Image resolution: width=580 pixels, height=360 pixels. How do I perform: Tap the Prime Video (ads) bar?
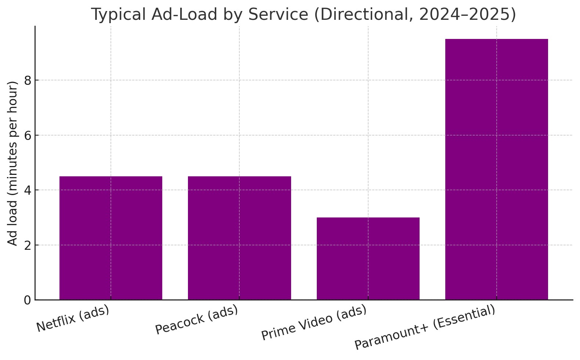coord(368,259)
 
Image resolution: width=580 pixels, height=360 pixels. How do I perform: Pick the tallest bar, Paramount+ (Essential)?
coord(496,169)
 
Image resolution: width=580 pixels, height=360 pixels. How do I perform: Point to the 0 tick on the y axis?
coord(28,300)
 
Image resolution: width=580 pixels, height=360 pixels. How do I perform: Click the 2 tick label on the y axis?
coord(28,245)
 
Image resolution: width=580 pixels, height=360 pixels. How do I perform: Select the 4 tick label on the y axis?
coord(28,190)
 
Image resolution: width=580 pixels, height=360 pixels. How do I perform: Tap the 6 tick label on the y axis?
coord(28,136)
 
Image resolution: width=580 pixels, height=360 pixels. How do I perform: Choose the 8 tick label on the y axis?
coord(28,80)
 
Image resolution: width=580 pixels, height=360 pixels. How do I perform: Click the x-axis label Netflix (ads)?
coord(73,318)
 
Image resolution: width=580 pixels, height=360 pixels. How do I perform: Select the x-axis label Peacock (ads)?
coord(197,320)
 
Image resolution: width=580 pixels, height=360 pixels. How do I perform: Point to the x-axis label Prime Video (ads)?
coord(314,323)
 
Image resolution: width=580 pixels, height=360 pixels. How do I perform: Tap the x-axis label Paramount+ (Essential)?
coord(425,327)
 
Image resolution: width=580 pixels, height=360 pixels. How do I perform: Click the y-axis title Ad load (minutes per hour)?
coord(13,163)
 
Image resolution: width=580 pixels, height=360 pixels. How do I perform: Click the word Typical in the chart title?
coord(117,15)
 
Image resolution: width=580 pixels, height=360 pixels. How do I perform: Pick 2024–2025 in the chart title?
coord(467,15)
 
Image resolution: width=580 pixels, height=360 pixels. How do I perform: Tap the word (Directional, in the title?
coord(364,15)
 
